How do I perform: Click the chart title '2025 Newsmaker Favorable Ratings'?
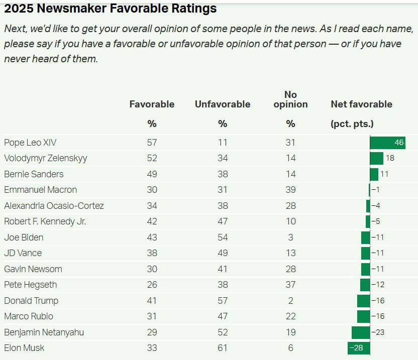click(x=110, y=9)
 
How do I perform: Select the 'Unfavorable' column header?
click(x=222, y=104)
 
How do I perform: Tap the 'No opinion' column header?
click(x=290, y=99)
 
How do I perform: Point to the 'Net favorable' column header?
click(x=361, y=104)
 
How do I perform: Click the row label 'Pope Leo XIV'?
click(x=30, y=143)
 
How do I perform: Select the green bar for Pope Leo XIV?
click(x=387, y=143)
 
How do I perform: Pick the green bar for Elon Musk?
click(x=358, y=348)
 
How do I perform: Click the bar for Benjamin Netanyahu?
click(x=361, y=332)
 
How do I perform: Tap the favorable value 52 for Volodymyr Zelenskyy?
click(x=152, y=158)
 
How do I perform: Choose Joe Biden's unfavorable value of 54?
click(x=223, y=237)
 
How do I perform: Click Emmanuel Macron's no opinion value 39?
click(x=290, y=190)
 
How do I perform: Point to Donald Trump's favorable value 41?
click(x=152, y=301)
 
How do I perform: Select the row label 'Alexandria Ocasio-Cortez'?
click(x=54, y=206)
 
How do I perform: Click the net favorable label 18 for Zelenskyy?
click(x=390, y=158)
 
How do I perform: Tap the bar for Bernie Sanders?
click(x=374, y=174)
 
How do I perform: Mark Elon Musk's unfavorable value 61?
click(x=223, y=348)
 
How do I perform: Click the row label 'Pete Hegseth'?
click(x=30, y=285)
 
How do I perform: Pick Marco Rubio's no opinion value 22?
click(x=290, y=316)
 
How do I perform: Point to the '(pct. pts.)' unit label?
click(x=352, y=124)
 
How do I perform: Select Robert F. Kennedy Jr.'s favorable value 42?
click(x=152, y=221)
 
